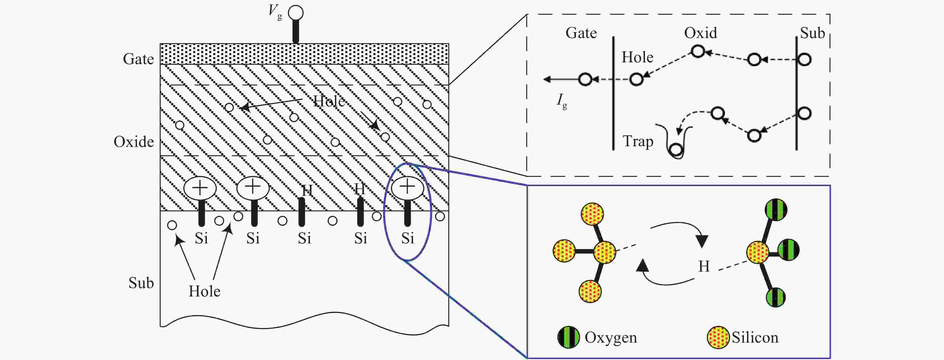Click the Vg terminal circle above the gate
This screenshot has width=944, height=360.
(296, 13)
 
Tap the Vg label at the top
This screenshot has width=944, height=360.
(275, 12)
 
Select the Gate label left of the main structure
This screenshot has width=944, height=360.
(138, 59)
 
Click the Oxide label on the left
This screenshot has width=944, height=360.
(134, 141)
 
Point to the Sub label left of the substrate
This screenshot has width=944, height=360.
(141, 283)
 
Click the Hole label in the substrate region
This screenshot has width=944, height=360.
(204, 291)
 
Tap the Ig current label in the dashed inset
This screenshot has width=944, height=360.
(562, 101)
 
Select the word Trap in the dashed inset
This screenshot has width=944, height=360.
(638, 141)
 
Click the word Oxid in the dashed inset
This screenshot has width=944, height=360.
(700, 33)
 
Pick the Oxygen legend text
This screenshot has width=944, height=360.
(610, 338)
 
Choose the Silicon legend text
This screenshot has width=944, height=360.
(755, 337)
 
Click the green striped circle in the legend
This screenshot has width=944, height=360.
(568, 337)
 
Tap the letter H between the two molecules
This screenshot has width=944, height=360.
(704, 266)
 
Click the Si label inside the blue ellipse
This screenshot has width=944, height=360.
(408, 238)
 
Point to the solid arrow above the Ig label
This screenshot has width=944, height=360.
(561, 79)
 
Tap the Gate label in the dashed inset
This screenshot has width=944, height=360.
(581, 33)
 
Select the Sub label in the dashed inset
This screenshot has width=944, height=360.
(812, 33)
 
